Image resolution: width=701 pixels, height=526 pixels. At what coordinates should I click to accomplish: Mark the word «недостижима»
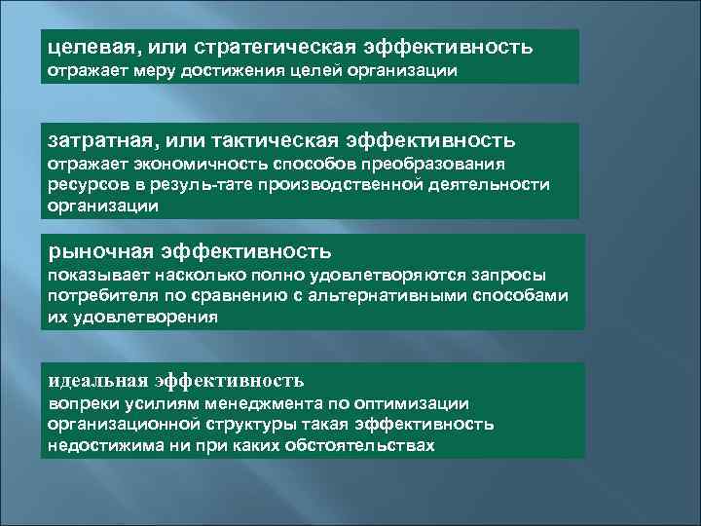pos(104,445)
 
